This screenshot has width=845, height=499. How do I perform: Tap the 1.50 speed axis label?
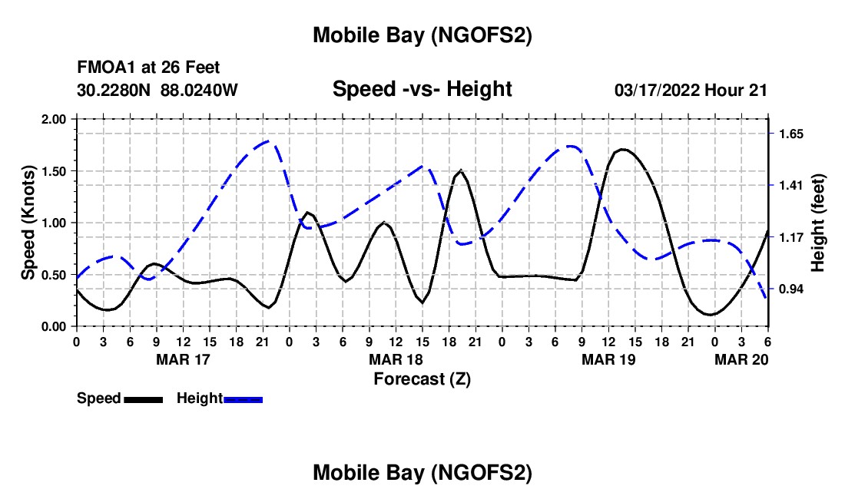click(52, 171)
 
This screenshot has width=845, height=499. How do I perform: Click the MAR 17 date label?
click(183, 359)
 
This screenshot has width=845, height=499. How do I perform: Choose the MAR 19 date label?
click(608, 359)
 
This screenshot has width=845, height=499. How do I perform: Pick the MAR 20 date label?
click(741, 359)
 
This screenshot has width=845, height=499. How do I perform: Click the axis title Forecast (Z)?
click(422, 378)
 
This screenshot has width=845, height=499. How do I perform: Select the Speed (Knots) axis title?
click(28, 223)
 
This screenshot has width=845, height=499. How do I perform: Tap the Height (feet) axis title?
click(818, 223)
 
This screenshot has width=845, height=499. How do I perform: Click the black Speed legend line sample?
click(142, 399)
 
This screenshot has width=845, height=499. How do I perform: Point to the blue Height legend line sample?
click(244, 399)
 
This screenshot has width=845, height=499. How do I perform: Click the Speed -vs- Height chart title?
click(422, 89)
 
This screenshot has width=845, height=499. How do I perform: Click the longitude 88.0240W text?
click(200, 90)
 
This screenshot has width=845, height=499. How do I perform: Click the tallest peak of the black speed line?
click(623, 149)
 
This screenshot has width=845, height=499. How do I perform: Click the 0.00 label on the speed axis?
click(52, 326)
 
